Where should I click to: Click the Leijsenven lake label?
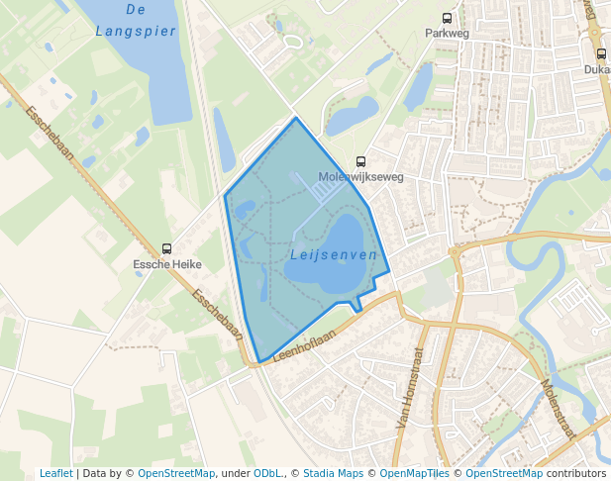[x=334, y=254]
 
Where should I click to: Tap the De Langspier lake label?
[x=136, y=20]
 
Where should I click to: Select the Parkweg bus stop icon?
[x=448, y=18]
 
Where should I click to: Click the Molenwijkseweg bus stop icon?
[x=360, y=161]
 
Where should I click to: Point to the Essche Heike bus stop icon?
[x=166, y=248]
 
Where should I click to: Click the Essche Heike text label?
[x=167, y=264]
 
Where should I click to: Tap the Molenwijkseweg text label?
[x=360, y=177]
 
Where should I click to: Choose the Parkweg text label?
[x=447, y=33]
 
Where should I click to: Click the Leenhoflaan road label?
[x=304, y=342]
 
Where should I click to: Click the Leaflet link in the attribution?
[x=55, y=474]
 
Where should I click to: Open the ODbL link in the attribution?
[x=266, y=474]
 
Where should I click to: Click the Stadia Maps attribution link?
[x=333, y=474]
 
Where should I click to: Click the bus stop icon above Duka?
[x=601, y=54]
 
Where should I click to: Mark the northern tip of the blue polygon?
[x=296, y=118]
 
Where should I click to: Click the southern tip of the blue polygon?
[x=257, y=361]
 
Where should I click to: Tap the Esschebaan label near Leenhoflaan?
[x=218, y=315]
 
